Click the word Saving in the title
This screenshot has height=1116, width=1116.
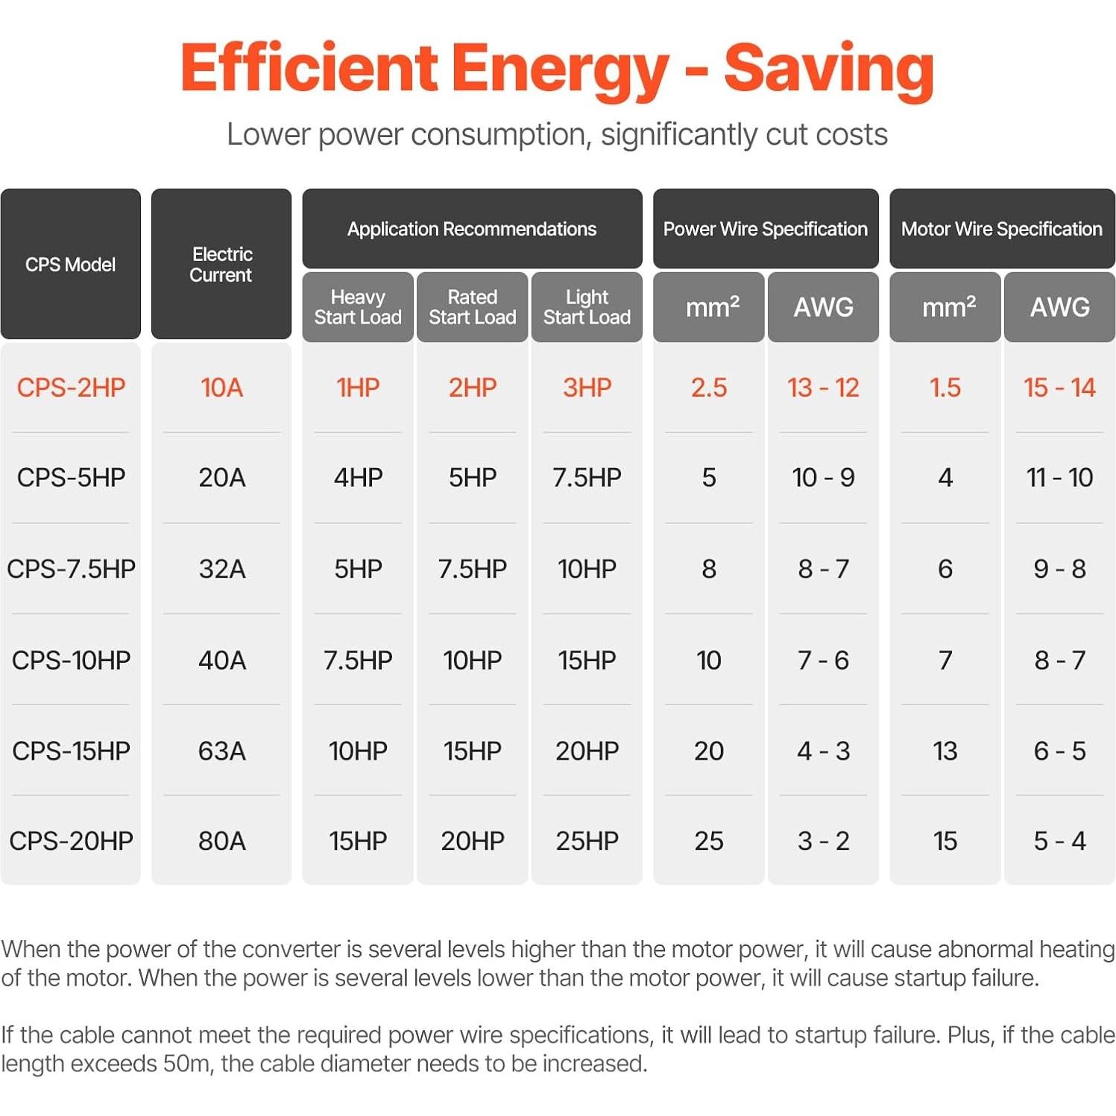[x=828, y=69]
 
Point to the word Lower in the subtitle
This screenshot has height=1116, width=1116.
[x=268, y=135]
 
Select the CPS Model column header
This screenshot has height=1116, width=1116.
[x=70, y=265]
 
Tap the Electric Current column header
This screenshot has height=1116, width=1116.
[x=221, y=265]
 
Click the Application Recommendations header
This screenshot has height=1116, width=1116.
[x=471, y=229]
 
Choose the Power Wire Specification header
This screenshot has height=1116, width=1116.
[x=765, y=229]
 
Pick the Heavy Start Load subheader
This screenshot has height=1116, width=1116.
[x=358, y=307]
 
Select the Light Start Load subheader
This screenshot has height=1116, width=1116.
[x=587, y=307]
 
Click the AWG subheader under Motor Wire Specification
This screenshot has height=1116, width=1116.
[x=1059, y=307]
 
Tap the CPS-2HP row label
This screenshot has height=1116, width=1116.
[x=71, y=388]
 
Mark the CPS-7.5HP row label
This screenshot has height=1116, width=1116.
[x=71, y=569]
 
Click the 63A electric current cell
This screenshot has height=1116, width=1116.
[x=221, y=751]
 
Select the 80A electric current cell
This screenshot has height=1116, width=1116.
[x=221, y=841]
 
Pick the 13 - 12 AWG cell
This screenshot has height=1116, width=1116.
[x=823, y=388]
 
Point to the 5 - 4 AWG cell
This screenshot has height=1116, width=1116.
[x=1059, y=841]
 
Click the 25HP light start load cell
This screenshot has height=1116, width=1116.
[x=587, y=841]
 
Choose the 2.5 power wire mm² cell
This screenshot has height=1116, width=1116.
[x=708, y=388]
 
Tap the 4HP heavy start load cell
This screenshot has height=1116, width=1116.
[x=358, y=478]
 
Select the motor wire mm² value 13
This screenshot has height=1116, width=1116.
[x=945, y=751]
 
